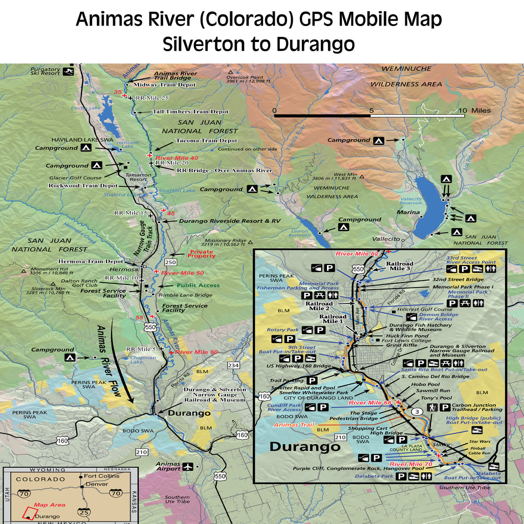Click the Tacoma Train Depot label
tap(206, 140)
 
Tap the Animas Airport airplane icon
tap(188, 467)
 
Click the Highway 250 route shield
tap(170, 262)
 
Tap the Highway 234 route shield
tap(233, 365)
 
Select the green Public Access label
tap(198, 286)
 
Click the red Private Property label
tap(202, 254)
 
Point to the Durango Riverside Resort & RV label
tap(230, 221)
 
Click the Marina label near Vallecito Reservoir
tap(408, 212)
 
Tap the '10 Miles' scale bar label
tap(474, 111)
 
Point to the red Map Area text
tap(46, 505)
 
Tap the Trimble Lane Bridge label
tap(185, 295)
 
